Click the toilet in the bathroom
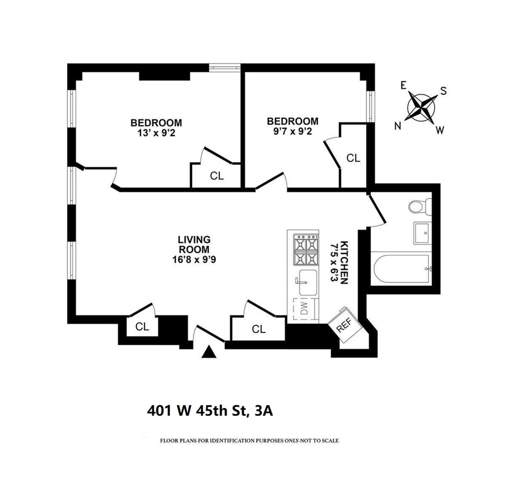pos(420,207)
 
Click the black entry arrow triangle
pos(209,352)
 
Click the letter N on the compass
pos(398,126)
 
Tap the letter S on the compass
pos(444,91)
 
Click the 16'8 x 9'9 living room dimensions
pos(194,260)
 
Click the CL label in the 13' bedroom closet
pos(217,176)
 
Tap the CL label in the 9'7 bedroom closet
pos(353,158)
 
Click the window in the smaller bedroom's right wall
pos(371,107)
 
